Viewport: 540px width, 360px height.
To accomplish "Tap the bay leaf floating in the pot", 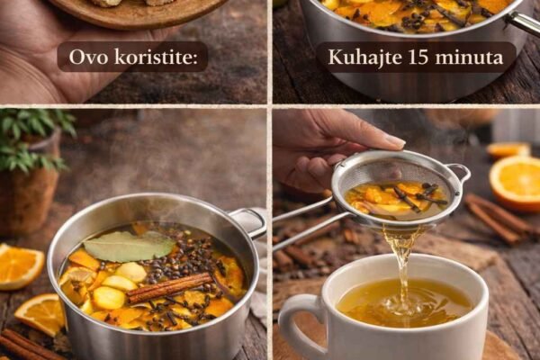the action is (x=129, y=247).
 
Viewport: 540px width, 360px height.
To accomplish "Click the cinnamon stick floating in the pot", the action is (x=170, y=288).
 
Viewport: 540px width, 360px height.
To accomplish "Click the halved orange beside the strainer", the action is (x=516, y=183).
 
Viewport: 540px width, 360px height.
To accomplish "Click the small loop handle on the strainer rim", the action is (x=460, y=174).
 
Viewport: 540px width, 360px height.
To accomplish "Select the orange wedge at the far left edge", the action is (x=19, y=266).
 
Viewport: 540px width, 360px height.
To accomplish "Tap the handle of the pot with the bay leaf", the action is (x=248, y=222).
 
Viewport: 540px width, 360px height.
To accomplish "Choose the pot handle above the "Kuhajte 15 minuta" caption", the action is (x=524, y=22).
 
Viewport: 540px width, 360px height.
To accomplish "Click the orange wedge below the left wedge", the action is (x=40, y=314).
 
